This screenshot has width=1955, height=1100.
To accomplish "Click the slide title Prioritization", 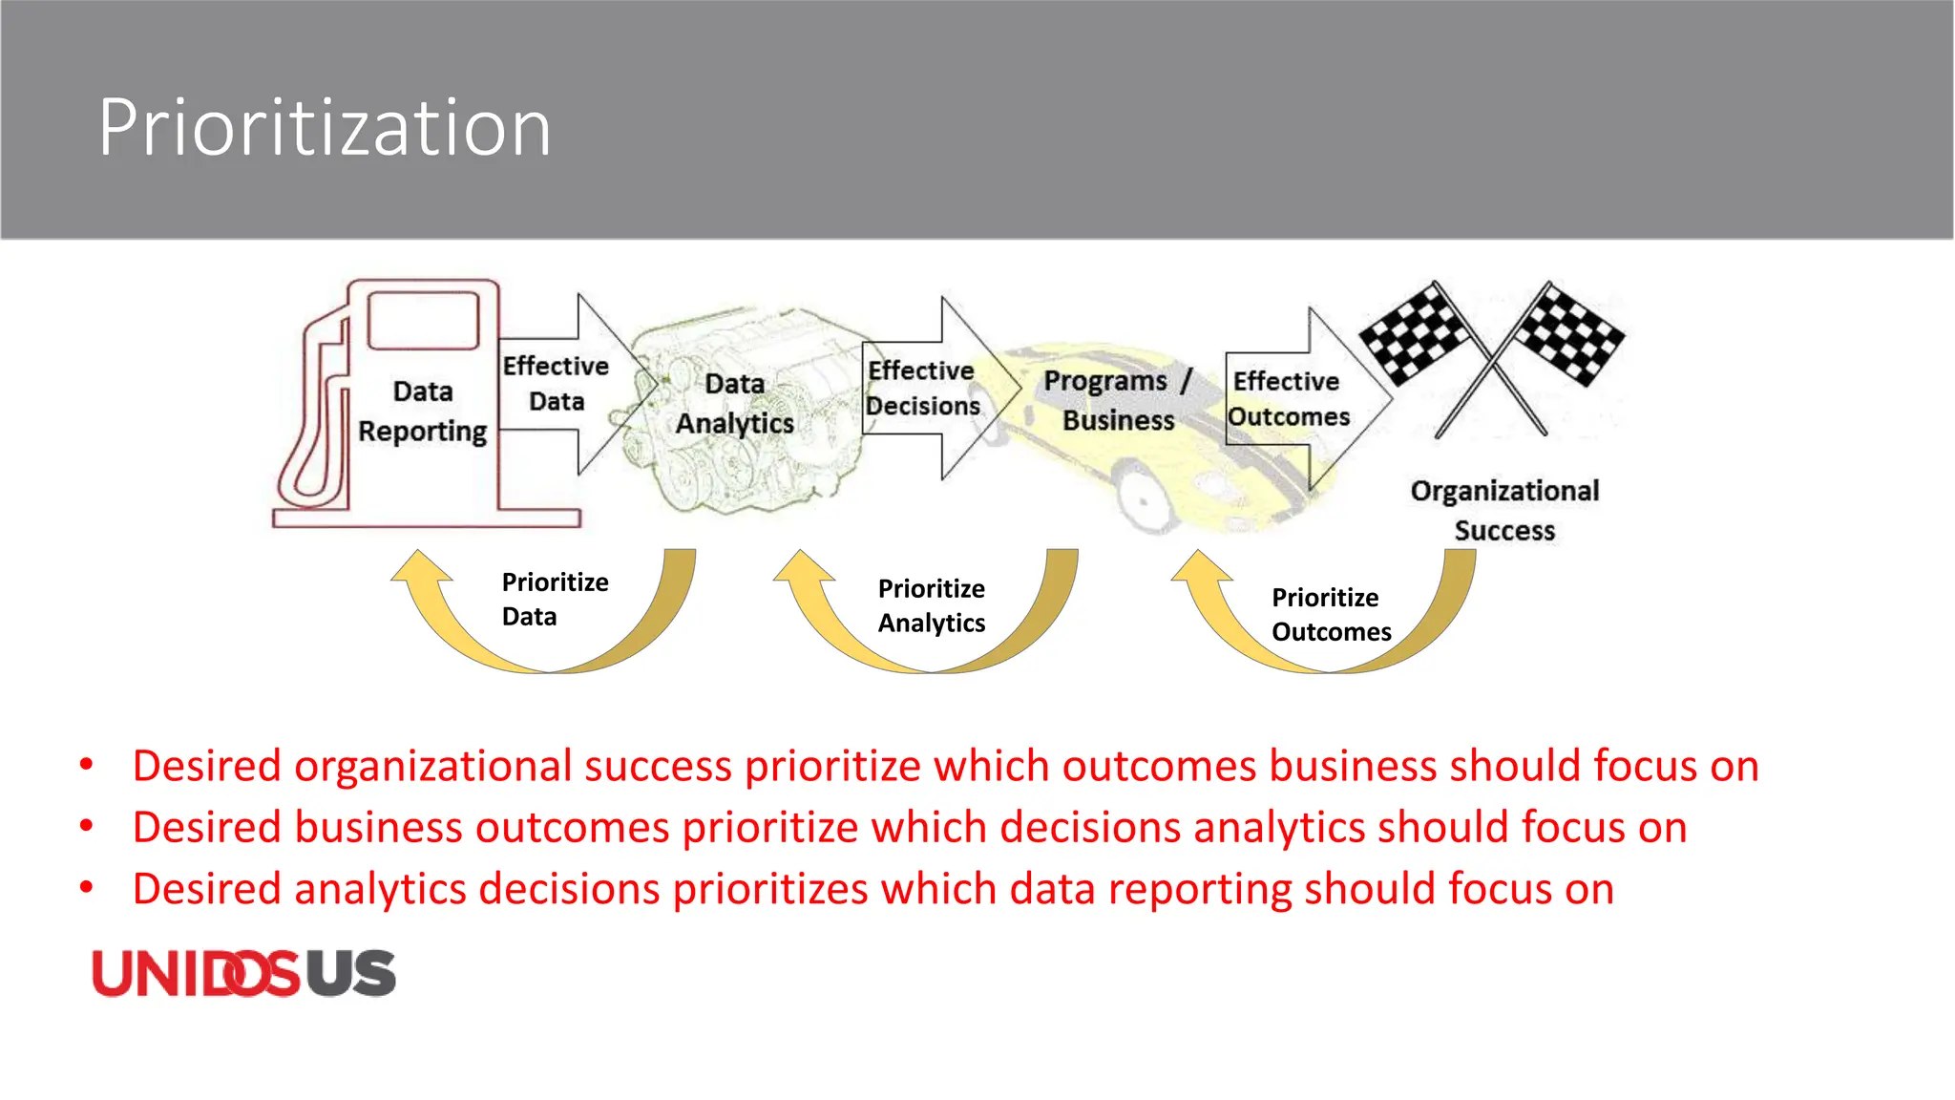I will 325,128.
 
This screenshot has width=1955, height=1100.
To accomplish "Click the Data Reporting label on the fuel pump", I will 423,412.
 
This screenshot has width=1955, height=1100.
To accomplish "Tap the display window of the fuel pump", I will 423,321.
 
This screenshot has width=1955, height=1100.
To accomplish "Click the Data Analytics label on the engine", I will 735,404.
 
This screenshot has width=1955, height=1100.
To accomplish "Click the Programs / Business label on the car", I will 1118,400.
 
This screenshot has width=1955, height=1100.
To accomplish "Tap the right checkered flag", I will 1570,334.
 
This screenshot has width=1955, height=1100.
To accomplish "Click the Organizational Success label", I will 1504,510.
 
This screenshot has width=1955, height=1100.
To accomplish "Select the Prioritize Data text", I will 555,600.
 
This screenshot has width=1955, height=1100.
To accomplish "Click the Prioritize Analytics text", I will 932,605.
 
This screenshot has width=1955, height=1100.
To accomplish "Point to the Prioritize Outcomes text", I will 1331,615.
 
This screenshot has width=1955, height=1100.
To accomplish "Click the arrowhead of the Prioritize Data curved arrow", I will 420,566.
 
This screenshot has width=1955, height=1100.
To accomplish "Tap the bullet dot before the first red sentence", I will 87,765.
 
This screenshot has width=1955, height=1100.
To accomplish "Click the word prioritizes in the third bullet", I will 770,889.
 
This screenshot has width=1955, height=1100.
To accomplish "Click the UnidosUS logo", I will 243,974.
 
